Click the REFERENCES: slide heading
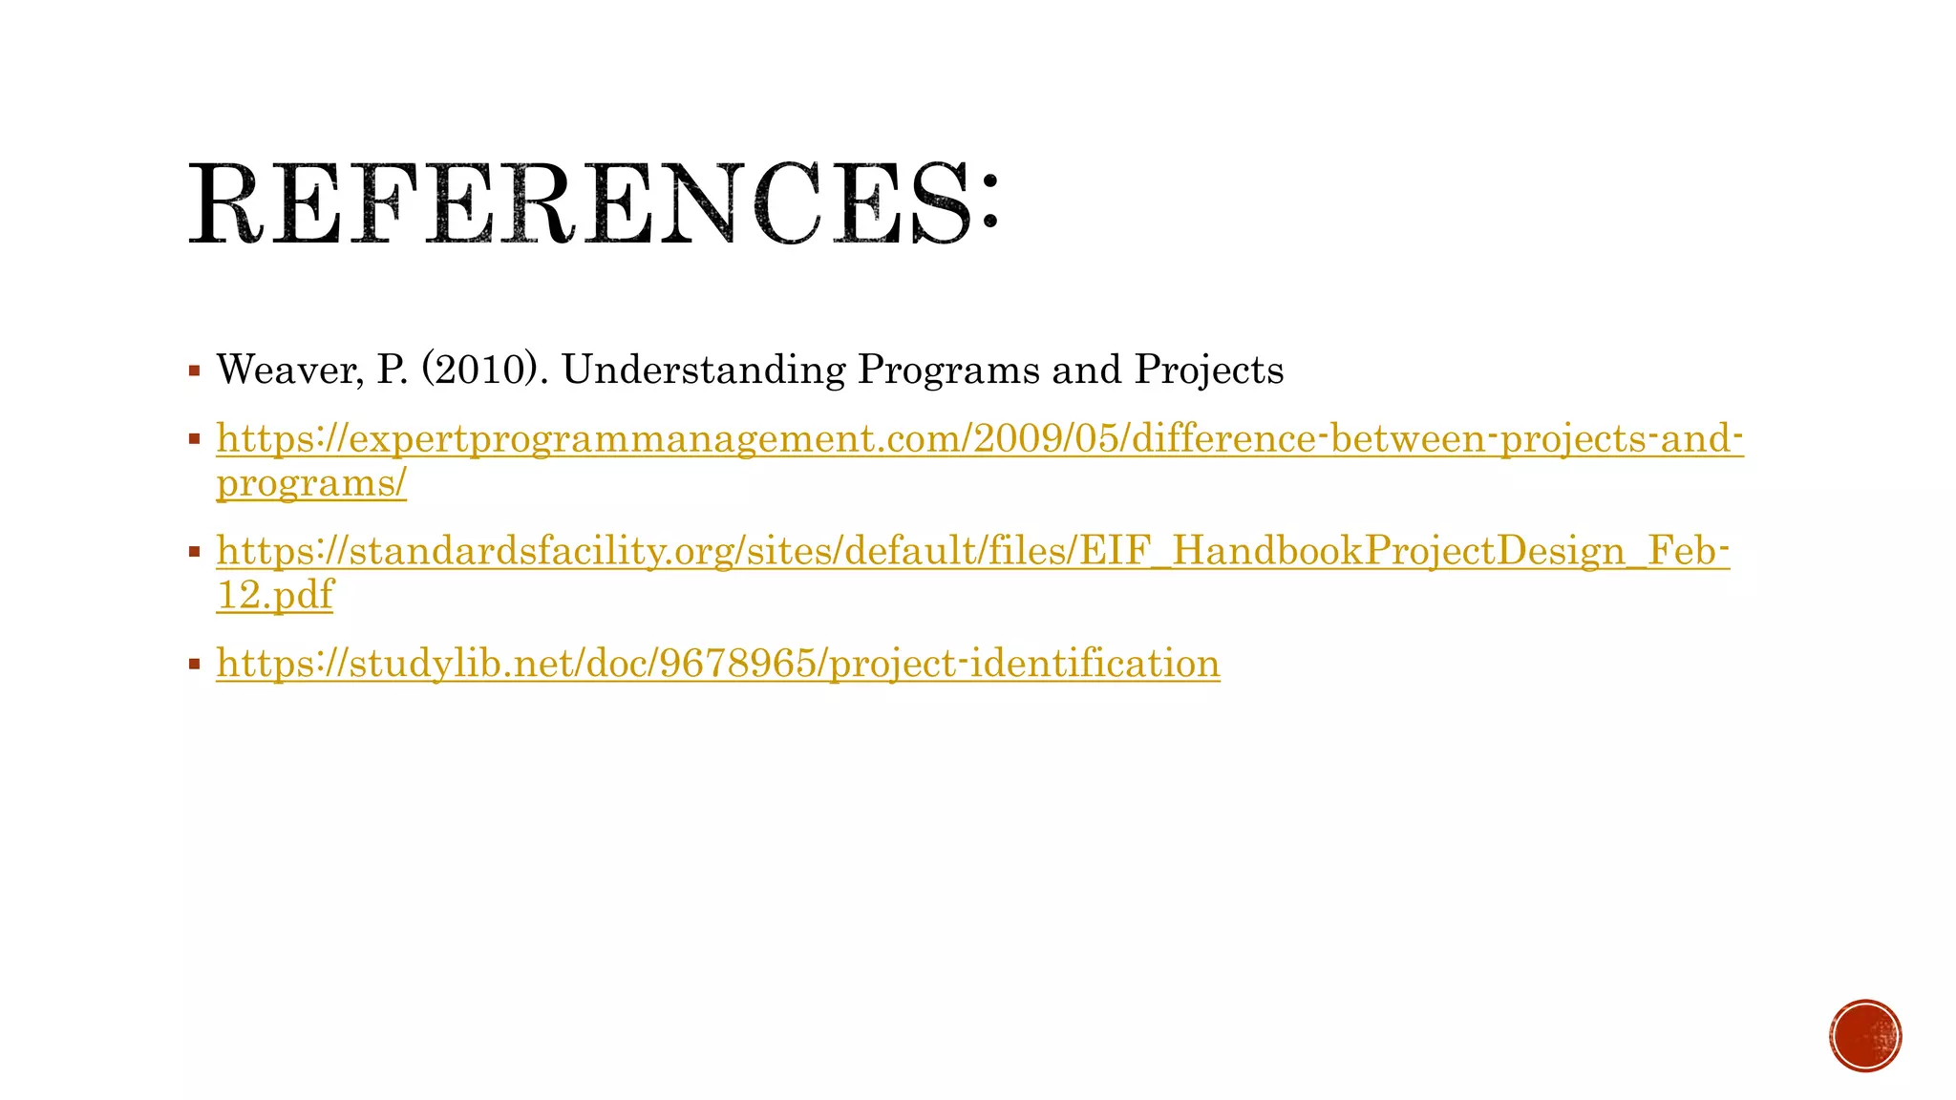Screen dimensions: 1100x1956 (592, 204)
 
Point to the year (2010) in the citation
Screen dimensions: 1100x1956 (478, 370)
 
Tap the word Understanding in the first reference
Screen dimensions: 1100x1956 (703, 370)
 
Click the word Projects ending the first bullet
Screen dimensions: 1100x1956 (1208, 370)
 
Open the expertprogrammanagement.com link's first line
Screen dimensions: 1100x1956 (980, 439)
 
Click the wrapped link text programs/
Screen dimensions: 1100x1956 (311, 482)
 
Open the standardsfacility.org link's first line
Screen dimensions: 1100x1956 (972, 551)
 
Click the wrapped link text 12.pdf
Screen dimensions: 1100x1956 (275, 594)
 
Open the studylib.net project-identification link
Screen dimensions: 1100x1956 (718, 663)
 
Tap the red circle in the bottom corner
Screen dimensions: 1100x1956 (1865, 1036)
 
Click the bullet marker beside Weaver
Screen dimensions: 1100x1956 (195, 370)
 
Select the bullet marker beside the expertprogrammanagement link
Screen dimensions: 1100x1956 (195, 439)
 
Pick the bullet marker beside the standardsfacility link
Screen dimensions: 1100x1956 (195, 551)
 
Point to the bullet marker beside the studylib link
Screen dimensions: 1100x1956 (195, 663)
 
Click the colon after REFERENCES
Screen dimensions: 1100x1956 (988, 202)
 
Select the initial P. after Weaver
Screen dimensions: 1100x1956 (393, 370)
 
